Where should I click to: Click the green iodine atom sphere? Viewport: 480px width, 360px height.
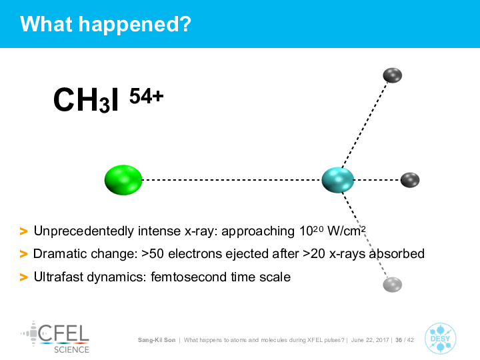123,180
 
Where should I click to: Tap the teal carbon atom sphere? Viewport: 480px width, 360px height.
337,180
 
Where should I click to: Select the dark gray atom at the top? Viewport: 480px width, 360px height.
393,75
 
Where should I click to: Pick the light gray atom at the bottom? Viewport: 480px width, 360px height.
393,285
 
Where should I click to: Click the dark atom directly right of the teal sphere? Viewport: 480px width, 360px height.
410,180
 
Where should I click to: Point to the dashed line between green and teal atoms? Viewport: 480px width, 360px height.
232,180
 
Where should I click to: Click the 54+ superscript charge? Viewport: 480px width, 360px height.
146,96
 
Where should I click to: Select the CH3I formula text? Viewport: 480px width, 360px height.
86,100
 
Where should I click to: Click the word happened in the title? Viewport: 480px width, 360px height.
135,24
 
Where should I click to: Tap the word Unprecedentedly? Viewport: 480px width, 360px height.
83,231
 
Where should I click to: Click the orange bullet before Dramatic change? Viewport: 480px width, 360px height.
23,254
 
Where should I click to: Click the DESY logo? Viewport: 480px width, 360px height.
440,339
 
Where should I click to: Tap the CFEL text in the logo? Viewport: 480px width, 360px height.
64,333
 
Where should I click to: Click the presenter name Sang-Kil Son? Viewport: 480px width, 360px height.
157,340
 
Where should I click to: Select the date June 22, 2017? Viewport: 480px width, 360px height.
370,340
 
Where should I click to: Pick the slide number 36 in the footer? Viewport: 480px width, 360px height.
399,340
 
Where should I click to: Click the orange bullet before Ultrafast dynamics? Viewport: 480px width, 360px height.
23,277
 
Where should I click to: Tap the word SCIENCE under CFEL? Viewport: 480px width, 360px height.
71,349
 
